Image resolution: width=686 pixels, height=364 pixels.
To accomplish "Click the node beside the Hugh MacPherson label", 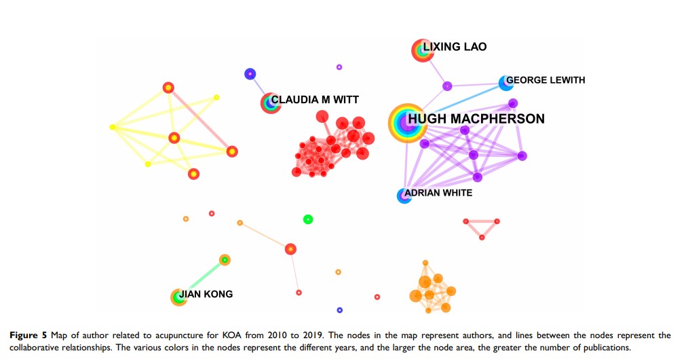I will (405, 123).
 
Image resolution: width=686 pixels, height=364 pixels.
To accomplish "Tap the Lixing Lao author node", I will (422, 50).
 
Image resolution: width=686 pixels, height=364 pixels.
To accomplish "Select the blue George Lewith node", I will (506, 83).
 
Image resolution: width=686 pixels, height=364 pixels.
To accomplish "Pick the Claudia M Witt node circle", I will (271, 103).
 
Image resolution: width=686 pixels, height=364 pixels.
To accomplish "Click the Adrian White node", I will (404, 196).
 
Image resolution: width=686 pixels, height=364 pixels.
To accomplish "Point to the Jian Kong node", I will (178, 297).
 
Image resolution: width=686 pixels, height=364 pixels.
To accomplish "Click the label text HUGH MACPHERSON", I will (476, 120).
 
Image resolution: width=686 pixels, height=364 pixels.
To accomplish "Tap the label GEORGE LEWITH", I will (546, 80).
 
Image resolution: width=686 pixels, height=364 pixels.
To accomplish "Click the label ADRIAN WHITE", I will (438, 193).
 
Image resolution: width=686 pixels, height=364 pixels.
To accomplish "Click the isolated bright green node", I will (307, 219).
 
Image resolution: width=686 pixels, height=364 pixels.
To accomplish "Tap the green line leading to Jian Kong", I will (202, 278).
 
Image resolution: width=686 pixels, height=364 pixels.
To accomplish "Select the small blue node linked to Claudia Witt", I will (250, 74).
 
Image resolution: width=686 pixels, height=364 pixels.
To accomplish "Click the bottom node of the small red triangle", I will (482, 237).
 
